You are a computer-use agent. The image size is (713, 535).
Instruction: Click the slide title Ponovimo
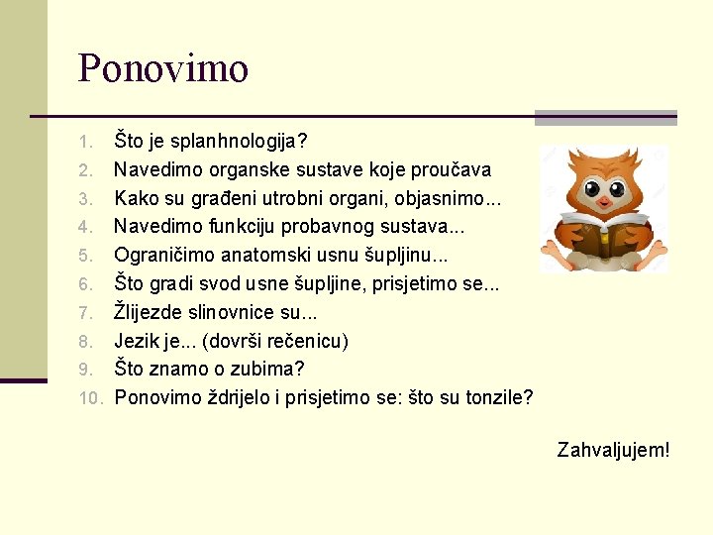pyautogui.click(x=163, y=68)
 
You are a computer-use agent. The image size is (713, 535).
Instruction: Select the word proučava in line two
pyautogui.click(x=450, y=169)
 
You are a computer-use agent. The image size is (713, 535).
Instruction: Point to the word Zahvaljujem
pyautogui.click(x=613, y=450)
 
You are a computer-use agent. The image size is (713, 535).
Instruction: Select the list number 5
pyautogui.click(x=86, y=257)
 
